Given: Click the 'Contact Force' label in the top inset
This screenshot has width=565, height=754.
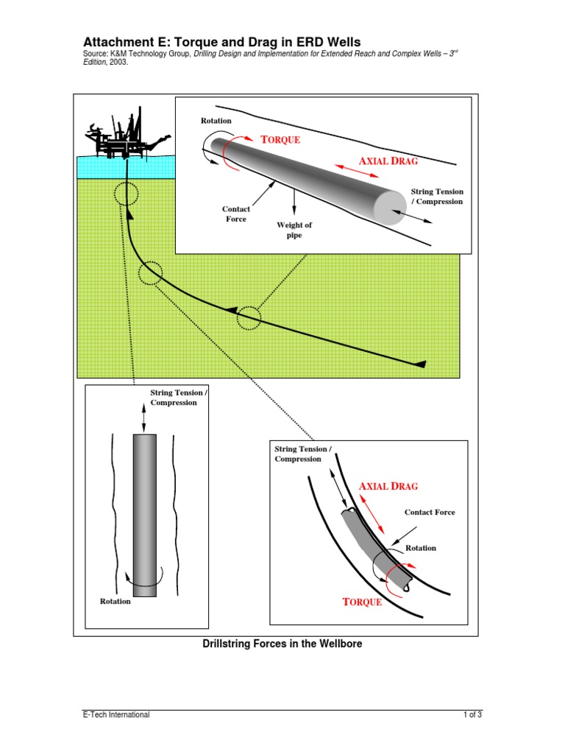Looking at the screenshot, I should pyautogui.click(x=236, y=214).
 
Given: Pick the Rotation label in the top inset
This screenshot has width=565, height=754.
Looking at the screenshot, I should pyautogui.click(x=216, y=121).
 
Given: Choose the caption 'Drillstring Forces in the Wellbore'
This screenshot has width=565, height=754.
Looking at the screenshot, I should pyautogui.click(x=282, y=644).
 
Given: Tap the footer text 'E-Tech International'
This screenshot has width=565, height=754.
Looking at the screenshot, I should pyautogui.click(x=116, y=714).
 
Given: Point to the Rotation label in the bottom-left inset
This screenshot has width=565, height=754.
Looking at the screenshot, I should pyautogui.click(x=116, y=602).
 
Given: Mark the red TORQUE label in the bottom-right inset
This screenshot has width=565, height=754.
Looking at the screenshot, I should pyautogui.click(x=363, y=602).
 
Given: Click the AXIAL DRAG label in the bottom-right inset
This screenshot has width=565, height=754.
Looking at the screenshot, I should pyautogui.click(x=388, y=486).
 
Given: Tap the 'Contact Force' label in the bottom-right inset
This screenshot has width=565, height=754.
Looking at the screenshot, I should pyautogui.click(x=430, y=512).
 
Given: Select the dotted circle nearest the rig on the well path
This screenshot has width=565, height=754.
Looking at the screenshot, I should pyautogui.click(x=127, y=194).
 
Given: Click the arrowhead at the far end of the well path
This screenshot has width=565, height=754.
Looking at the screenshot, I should pyautogui.click(x=420, y=364).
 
